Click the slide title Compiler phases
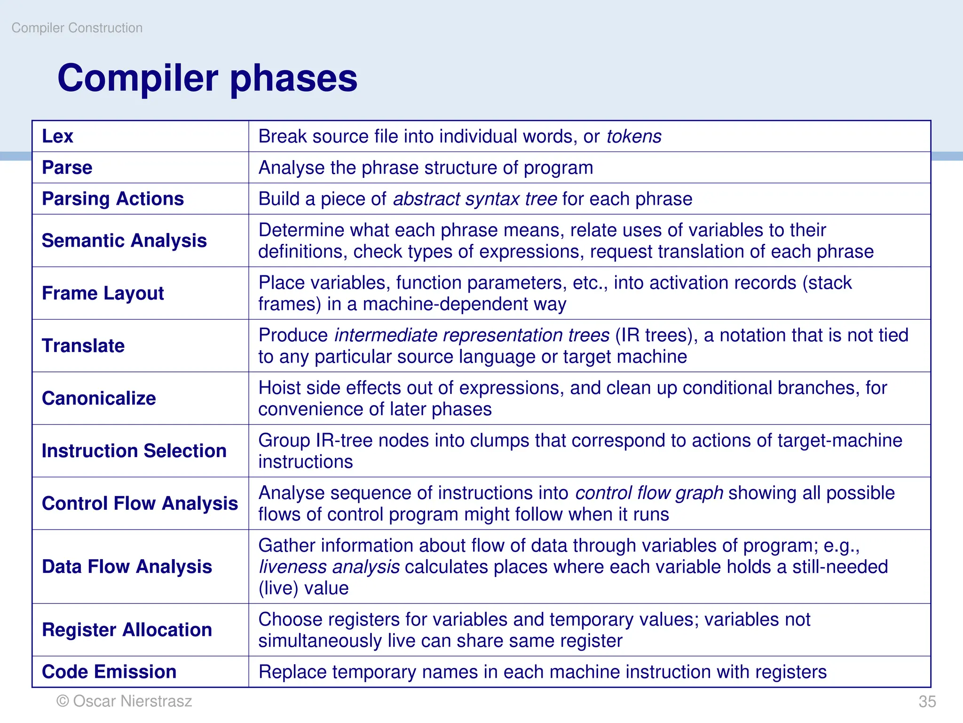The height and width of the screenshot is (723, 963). [x=207, y=78]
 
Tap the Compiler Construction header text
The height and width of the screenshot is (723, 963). [x=77, y=28]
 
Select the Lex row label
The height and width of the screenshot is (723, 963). [x=57, y=137]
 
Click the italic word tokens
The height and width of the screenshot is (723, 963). [x=633, y=137]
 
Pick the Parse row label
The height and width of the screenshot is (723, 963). [x=67, y=168]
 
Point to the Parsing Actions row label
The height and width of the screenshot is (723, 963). [x=113, y=199]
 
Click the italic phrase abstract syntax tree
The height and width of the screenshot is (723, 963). [x=475, y=199]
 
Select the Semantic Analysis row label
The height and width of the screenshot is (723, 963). [x=124, y=241]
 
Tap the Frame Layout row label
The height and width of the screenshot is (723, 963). [x=103, y=293]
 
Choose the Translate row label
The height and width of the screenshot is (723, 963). [x=83, y=346]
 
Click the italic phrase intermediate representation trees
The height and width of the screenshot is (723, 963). [x=472, y=335]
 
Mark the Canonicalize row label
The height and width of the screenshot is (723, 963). [x=99, y=398]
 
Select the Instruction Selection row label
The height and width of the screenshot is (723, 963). [x=134, y=451]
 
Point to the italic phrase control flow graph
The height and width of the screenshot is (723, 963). [x=649, y=493]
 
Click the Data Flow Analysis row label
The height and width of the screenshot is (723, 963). [x=127, y=567]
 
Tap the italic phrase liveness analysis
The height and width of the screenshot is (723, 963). [x=329, y=567]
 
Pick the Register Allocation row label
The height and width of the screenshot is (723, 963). [x=127, y=630]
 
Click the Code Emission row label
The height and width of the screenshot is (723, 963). [x=109, y=672]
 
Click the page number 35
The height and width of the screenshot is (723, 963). [x=927, y=701]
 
